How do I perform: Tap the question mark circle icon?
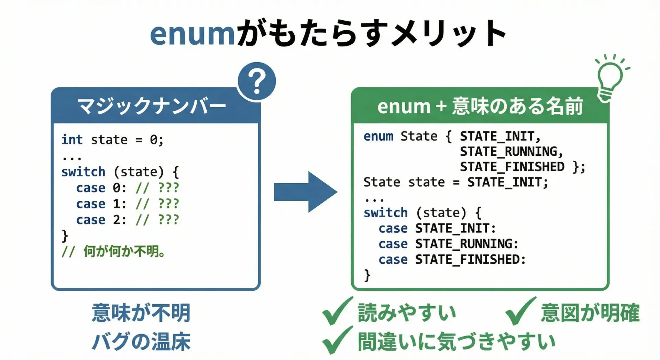click(x=256, y=81)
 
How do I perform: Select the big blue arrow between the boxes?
click(x=306, y=192)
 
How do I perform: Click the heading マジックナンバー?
click(x=152, y=106)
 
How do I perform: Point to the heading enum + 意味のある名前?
click(x=480, y=106)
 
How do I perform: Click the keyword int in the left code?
click(x=72, y=140)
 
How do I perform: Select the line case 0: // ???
click(x=128, y=188)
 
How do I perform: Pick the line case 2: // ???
click(x=128, y=220)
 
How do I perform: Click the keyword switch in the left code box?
click(x=83, y=172)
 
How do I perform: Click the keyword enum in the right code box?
click(x=378, y=137)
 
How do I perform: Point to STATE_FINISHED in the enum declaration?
click(x=512, y=167)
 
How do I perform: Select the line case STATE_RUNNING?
click(x=449, y=244)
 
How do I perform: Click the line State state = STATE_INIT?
click(x=456, y=182)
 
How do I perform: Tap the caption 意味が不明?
click(x=141, y=313)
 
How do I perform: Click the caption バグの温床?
click(x=141, y=341)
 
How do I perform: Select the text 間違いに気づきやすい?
click(x=456, y=342)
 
